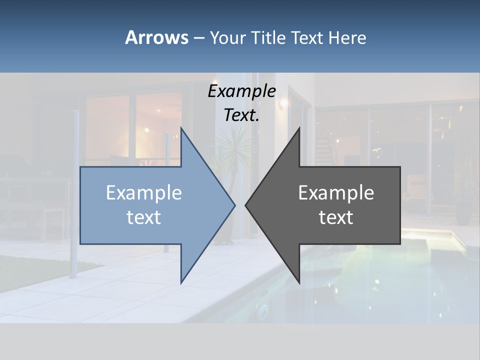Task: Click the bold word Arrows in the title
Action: click(x=156, y=37)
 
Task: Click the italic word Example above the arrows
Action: click(x=242, y=91)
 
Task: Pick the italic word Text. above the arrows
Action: click(x=242, y=115)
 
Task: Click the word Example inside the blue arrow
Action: click(x=144, y=192)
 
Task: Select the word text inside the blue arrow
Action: click(x=144, y=217)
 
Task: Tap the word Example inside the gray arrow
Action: click(x=336, y=192)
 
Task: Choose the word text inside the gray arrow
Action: click(x=336, y=217)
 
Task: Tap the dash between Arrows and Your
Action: click(x=198, y=38)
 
